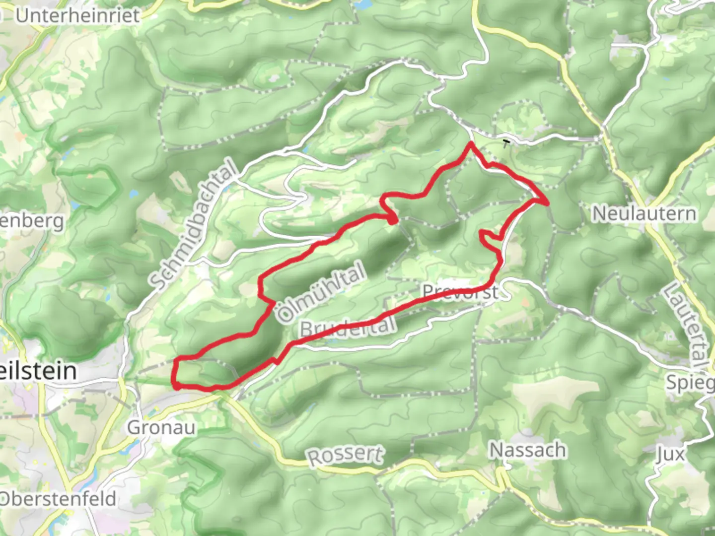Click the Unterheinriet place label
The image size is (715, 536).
tap(77, 15)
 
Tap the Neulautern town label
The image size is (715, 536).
tap(644, 213)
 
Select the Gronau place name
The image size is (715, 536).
tap(161, 427)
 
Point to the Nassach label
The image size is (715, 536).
tap(527, 450)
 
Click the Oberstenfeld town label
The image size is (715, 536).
tap(58, 499)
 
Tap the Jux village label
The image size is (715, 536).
tap(670, 454)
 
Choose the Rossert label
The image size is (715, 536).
tap(346, 455)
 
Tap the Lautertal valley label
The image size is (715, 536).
tap(686, 326)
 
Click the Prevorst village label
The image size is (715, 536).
tap(460, 292)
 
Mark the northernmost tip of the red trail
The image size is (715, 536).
tap(470, 144)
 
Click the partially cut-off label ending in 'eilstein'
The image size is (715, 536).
tap(38, 371)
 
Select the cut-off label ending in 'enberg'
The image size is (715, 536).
tap(32, 220)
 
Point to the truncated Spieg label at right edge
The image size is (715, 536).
tap(690, 382)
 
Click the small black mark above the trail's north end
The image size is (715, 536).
tap(506, 143)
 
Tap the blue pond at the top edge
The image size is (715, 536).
tap(362, 4)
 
